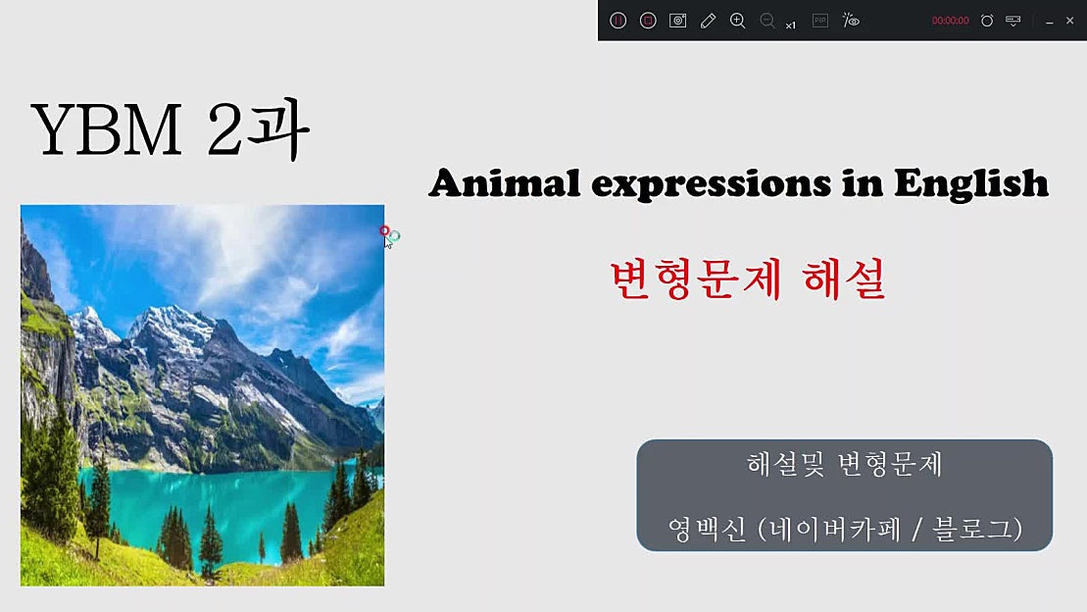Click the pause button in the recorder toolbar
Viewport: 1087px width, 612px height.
pos(618,21)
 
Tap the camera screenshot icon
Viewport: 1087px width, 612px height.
pos(677,21)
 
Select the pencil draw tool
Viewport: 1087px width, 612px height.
pos(708,21)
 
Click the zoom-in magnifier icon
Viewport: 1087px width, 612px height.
pos(738,21)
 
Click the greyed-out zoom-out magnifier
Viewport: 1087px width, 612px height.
pos(767,21)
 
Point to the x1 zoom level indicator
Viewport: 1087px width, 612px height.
pos(791,25)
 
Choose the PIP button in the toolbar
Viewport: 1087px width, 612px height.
pos(820,21)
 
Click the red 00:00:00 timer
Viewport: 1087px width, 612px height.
pos(950,21)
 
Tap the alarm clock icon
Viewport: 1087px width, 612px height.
pos(987,21)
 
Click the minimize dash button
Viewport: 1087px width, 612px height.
pos(1050,21)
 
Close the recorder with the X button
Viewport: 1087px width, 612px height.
pos(1069,21)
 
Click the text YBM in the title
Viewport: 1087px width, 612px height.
pos(107,129)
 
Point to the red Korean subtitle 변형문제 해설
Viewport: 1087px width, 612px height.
pos(747,280)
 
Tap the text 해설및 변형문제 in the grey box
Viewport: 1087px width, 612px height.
pos(844,465)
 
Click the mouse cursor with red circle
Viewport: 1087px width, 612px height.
pos(387,236)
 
